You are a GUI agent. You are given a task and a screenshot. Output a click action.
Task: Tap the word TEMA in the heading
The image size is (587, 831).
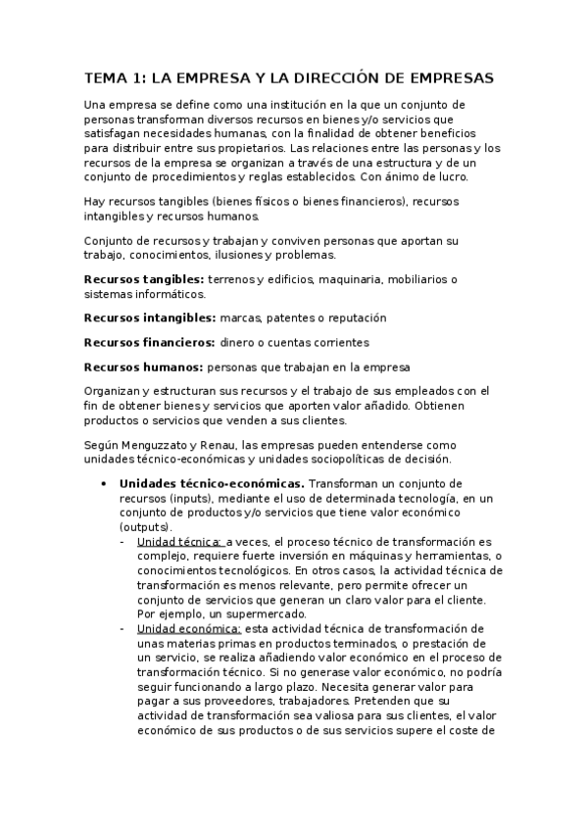click(106, 76)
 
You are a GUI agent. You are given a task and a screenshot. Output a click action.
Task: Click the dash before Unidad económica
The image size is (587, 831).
click(122, 628)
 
